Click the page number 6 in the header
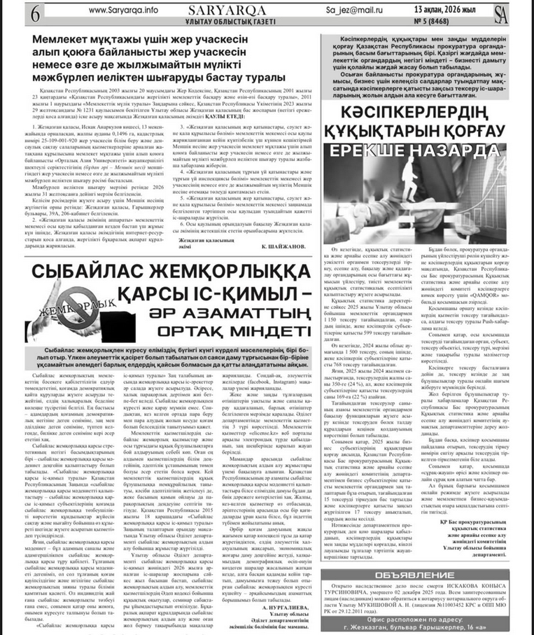point(15,13)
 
